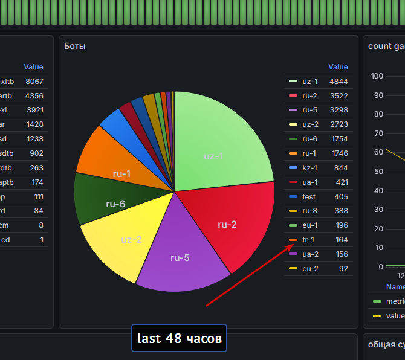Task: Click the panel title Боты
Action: point(75,46)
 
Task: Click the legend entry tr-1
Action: point(309,240)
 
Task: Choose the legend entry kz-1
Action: point(309,167)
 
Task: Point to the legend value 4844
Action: point(339,80)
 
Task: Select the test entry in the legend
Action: point(309,196)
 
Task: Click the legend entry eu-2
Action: point(310,269)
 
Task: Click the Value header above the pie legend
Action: point(338,67)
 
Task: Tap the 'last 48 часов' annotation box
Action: point(179,338)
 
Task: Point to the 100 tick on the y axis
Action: point(377,76)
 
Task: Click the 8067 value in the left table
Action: point(34,81)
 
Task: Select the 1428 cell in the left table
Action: point(34,124)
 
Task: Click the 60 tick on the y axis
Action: point(379,152)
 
